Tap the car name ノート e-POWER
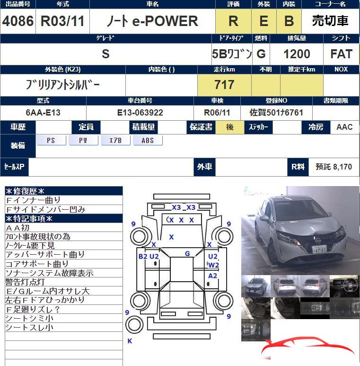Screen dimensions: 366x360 [x=152, y=21]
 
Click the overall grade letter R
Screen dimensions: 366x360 [x=233, y=21]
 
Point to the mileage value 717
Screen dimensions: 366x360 [x=224, y=85]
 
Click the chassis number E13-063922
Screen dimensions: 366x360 [x=140, y=113]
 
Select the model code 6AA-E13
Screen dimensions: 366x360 [x=43, y=113]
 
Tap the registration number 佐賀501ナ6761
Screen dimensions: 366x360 [x=276, y=113]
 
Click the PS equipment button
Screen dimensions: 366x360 [x=51, y=141]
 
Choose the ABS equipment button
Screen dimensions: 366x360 [x=148, y=141]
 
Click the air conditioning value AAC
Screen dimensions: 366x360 [x=344, y=127]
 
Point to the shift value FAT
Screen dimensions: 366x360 [x=342, y=54]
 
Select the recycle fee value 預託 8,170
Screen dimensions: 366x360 [x=334, y=167]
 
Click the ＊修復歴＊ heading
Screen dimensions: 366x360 [x=25, y=191]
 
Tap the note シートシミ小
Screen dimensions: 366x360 [x=29, y=318]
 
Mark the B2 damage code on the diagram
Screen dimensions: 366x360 [x=143, y=256]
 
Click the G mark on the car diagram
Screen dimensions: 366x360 [x=187, y=254]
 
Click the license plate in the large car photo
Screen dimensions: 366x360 [x=321, y=248]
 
